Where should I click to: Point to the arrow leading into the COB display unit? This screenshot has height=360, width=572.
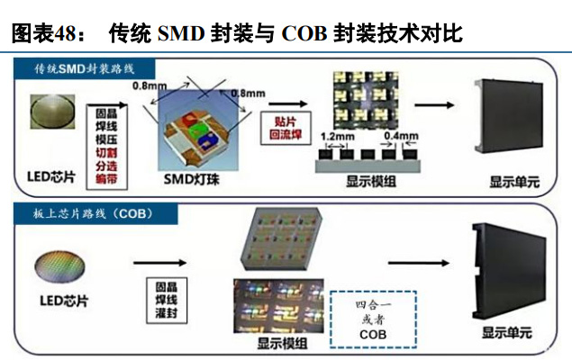tap(422, 264)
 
